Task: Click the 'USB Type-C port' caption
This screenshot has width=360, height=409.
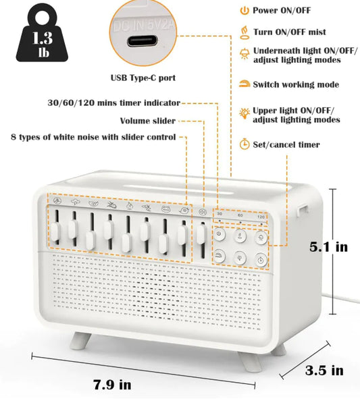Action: point(143,78)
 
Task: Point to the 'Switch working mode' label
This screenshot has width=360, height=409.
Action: point(296,85)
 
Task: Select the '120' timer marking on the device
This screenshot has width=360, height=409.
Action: point(261,216)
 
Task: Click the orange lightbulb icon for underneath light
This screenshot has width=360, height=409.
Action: point(243,53)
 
